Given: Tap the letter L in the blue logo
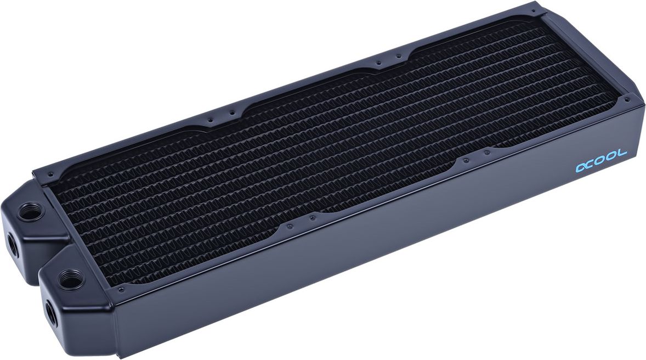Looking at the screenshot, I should (x=621, y=156).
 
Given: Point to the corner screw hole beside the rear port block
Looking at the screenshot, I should (x=51, y=175).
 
